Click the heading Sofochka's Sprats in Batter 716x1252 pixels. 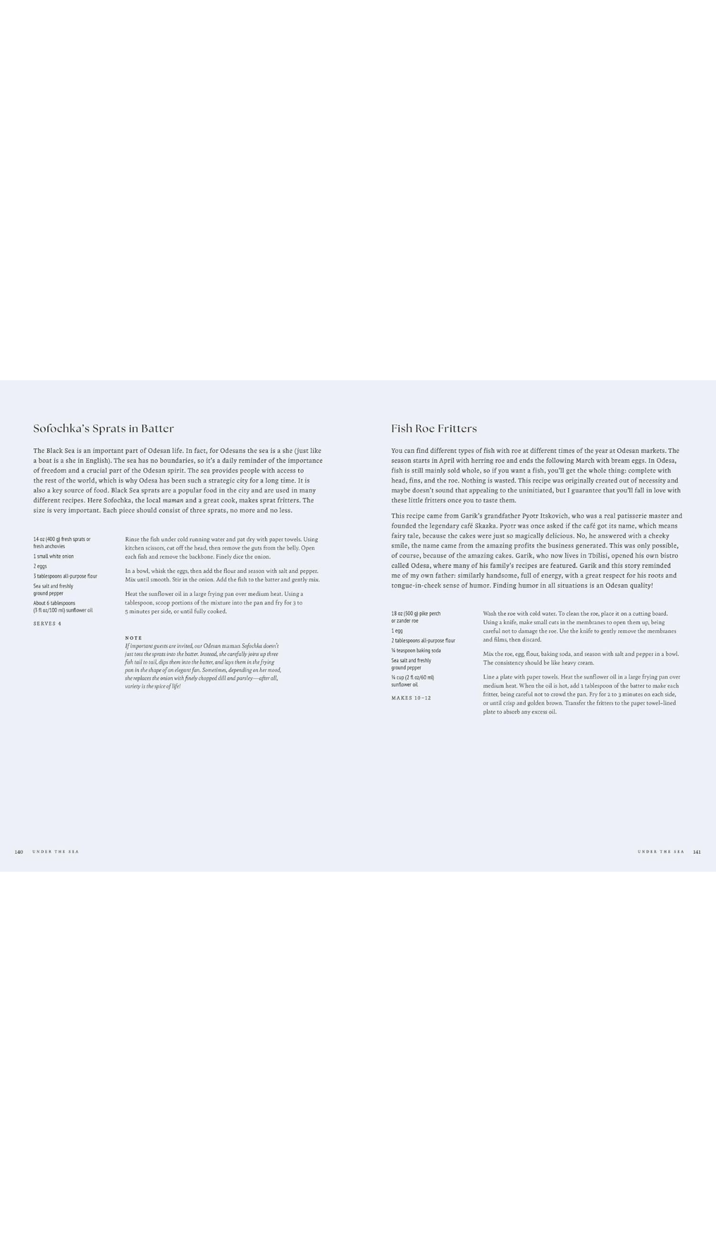click(x=103, y=428)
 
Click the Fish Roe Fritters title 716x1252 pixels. click(x=434, y=428)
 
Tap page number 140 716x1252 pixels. click(x=18, y=851)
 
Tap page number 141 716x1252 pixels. click(x=697, y=851)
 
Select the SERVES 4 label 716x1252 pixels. click(x=47, y=624)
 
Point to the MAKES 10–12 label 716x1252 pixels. click(x=411, y=698)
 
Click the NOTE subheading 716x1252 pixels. click(x=134, y=638)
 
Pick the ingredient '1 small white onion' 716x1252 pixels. click(x=54, y=556)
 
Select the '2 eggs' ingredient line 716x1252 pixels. click(x=40, y=566)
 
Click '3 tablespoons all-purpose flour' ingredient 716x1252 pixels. click(x=65, y=576)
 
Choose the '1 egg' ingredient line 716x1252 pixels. click(x=397, y=630)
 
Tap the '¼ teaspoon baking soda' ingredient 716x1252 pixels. click(x=416, y=650)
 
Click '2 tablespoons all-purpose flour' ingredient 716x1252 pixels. click(x=423, y=640)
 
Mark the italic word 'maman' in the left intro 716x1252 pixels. click(x=173, y=500)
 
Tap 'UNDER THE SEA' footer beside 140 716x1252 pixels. click(x=55, y=851)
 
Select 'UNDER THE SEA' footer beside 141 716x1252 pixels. click(x=661, y=851)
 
